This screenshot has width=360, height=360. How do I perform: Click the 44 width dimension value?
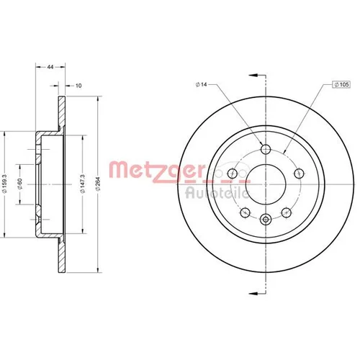click(x=50, y=67)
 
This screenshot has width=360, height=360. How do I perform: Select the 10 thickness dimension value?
click(x=78, y=86)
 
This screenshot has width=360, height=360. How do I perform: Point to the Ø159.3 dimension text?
click(x=6, y=184)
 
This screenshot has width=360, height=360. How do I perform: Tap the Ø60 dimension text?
click(x=20, y=184)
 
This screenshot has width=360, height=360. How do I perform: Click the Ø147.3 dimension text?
click(x=83, y=184)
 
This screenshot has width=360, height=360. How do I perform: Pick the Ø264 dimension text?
click(x=98, y=184)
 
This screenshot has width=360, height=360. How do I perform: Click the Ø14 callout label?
click(x=201, y=84)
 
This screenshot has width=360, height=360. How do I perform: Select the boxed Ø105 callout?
click(x=341, y=84)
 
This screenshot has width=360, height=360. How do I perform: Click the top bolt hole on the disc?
click(x=266, y=149)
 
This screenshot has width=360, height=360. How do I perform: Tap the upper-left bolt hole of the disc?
click(x=233, y=173)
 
